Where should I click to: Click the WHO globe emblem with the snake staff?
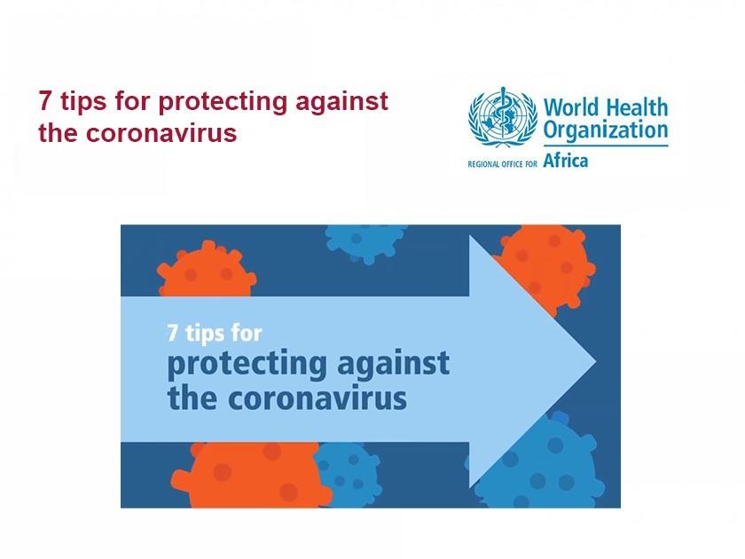pyautogui.click(x=503, y=124)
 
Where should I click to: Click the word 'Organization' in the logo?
pyautogui.click(x=606, y=131)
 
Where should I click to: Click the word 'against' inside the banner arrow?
pyautogui.click(x=393, y=365)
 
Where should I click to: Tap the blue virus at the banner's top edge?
pyautogui.click(x=365, y=238)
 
